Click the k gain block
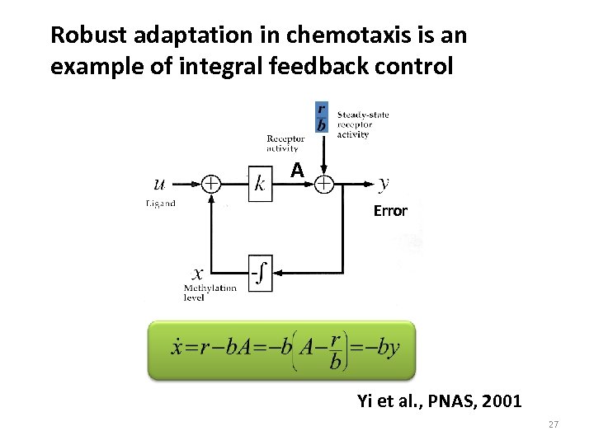(x=260, y=183)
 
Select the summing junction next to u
(x=212, y=183)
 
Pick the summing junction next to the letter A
(x=325, y=183)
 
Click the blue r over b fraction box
(x=322, y=118)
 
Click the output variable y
(x=385, y=182)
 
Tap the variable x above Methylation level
(x=199, y=271)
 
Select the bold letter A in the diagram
(x=297, y=170)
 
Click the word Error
(x=390, y=210)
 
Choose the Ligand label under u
(x=160, y=203)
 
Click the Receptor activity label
(x=285, y=144)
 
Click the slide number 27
(x=554, y=424)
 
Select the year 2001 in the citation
(x=503, y=401)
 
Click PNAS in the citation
(x=454, y=401)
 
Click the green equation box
(x=280, y=350)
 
